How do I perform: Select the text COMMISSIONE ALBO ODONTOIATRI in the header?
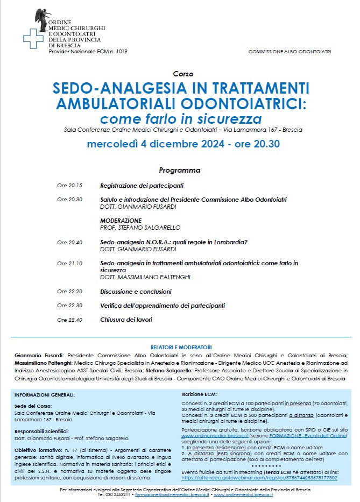click(x=290, y=52)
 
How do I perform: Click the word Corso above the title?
click(x=183, y=74)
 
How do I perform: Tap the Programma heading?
click(x=180, y=171)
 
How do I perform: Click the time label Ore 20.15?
click(x=69, y=186)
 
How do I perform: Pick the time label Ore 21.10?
click(x=69, y=264)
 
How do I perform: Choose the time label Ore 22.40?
click(x=69, y=320)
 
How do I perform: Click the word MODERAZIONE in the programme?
click(x=121, y=221)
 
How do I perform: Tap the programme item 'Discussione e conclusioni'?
click(x=136, y=292)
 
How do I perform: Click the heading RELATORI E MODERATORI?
click(x=180, y=348)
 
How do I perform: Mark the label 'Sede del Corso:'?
click(x=33, y=407)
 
